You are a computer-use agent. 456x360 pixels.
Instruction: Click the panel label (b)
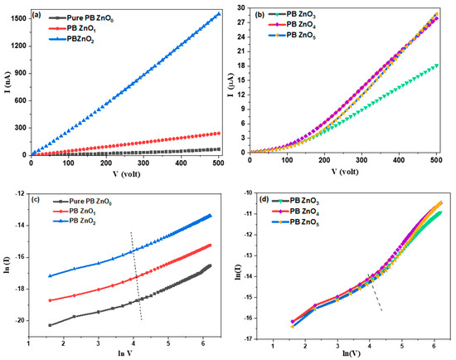click(262, 13)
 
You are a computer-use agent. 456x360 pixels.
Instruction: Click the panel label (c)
click(38, 198)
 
